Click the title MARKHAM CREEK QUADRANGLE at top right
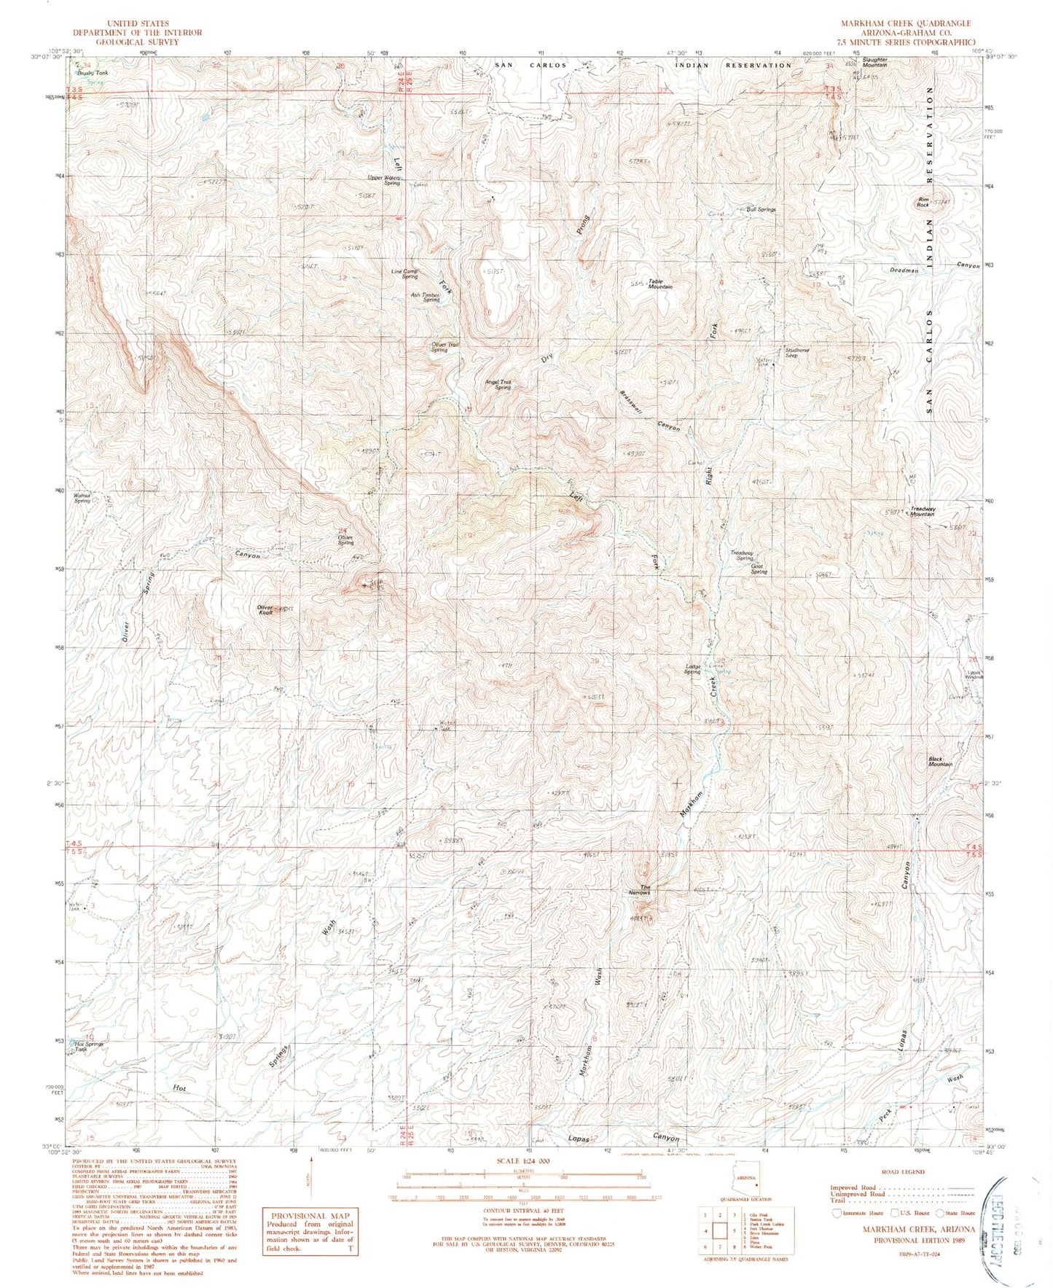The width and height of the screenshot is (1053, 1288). pyautogui.click(x=905, y=23)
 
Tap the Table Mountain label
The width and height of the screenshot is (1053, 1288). pyautogui.click(x=660, y=284)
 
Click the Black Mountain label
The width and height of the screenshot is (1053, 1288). pyautogui.click(x=940, y=761)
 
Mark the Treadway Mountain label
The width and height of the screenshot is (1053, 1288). pyautogui.click(x=922, y=512)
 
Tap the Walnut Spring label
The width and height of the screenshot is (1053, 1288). pyautogui.click(x=82, y=499)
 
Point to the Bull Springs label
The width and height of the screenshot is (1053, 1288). pyautogui.click(x=761, y=209)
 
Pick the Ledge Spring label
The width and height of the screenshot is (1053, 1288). pyautogui.click(x=692, y=669)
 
